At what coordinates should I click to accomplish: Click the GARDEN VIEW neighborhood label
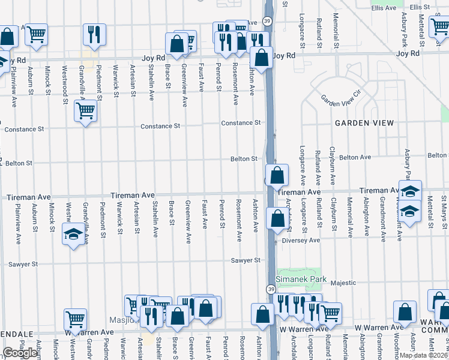[x=364, y=123]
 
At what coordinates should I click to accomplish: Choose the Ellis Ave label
[x=384, y=8]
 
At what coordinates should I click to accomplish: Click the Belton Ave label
[x=355, y=157]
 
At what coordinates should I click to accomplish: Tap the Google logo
[x=20, y=353]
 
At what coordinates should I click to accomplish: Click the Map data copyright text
[x=424, y=355]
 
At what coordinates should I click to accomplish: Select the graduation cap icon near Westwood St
[x=73, y=233]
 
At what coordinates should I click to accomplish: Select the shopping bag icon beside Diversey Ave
[x=277, y=218]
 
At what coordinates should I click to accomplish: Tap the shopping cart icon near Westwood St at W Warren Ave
[x=75, y=319]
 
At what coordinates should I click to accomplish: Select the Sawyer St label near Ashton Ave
[x=249, y=260]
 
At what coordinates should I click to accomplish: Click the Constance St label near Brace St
[x=160, y=127]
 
